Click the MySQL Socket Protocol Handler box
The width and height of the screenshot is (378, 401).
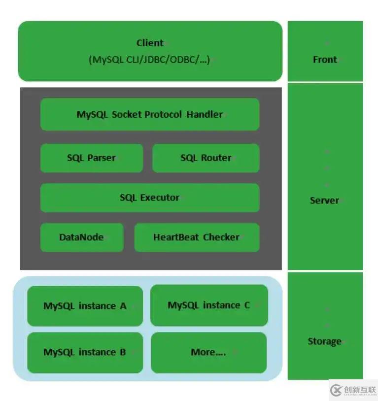150,114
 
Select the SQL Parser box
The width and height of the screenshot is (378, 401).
92,158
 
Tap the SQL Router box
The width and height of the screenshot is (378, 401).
206,158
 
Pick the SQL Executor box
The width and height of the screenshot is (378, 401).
150,198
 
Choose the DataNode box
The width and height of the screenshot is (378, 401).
82,237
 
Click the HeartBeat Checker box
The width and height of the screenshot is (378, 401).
197,237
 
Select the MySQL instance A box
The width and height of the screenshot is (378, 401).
85,306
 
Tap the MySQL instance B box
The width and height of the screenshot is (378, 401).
85,352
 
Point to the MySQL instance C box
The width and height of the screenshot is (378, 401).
209,305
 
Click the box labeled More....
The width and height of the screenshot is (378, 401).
208,352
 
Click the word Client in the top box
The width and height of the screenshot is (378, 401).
150,43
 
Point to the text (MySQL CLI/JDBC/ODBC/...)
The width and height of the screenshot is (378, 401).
149,60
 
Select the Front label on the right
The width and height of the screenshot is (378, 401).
325,60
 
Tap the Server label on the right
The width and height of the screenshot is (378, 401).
324,200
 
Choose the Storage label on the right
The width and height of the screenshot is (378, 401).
324,341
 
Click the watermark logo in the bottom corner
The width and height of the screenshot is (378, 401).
352,390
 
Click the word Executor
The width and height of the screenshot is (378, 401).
160,198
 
